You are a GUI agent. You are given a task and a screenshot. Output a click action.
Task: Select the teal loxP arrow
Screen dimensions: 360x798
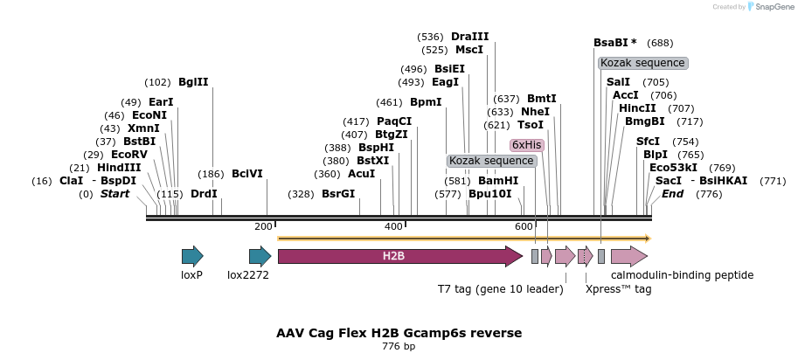(192, 256)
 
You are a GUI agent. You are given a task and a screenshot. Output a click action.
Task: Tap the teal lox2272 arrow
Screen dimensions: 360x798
(260, 256)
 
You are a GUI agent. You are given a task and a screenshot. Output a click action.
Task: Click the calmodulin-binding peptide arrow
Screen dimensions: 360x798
(628, 256)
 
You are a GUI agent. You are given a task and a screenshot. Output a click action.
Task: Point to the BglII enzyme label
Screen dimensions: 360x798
(193, 82)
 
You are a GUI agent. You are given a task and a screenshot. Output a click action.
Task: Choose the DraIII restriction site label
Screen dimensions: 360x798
(469, 37)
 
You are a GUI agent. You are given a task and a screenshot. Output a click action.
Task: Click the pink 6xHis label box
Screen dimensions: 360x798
(527, 145)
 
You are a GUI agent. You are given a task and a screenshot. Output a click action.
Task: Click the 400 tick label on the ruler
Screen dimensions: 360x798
(394, 227)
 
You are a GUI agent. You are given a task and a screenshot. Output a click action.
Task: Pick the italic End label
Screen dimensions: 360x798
(672, 194)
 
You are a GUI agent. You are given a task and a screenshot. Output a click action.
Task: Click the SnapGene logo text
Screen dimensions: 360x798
(770, 7)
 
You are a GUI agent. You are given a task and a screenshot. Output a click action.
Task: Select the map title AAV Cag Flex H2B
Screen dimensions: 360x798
(399, 333)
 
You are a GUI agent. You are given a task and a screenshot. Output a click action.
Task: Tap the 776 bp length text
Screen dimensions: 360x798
(399, 347)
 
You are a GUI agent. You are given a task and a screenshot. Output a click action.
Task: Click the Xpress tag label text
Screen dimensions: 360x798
(618, 288)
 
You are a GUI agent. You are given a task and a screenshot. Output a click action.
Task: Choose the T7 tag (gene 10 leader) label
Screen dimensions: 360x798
(500, 288)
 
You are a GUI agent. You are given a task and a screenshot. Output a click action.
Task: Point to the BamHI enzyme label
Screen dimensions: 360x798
(498, 181)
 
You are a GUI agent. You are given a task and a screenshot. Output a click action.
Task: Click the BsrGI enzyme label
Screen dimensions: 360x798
(338, 194)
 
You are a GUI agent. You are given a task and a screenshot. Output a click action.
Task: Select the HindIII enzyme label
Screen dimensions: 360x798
(118, 168)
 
